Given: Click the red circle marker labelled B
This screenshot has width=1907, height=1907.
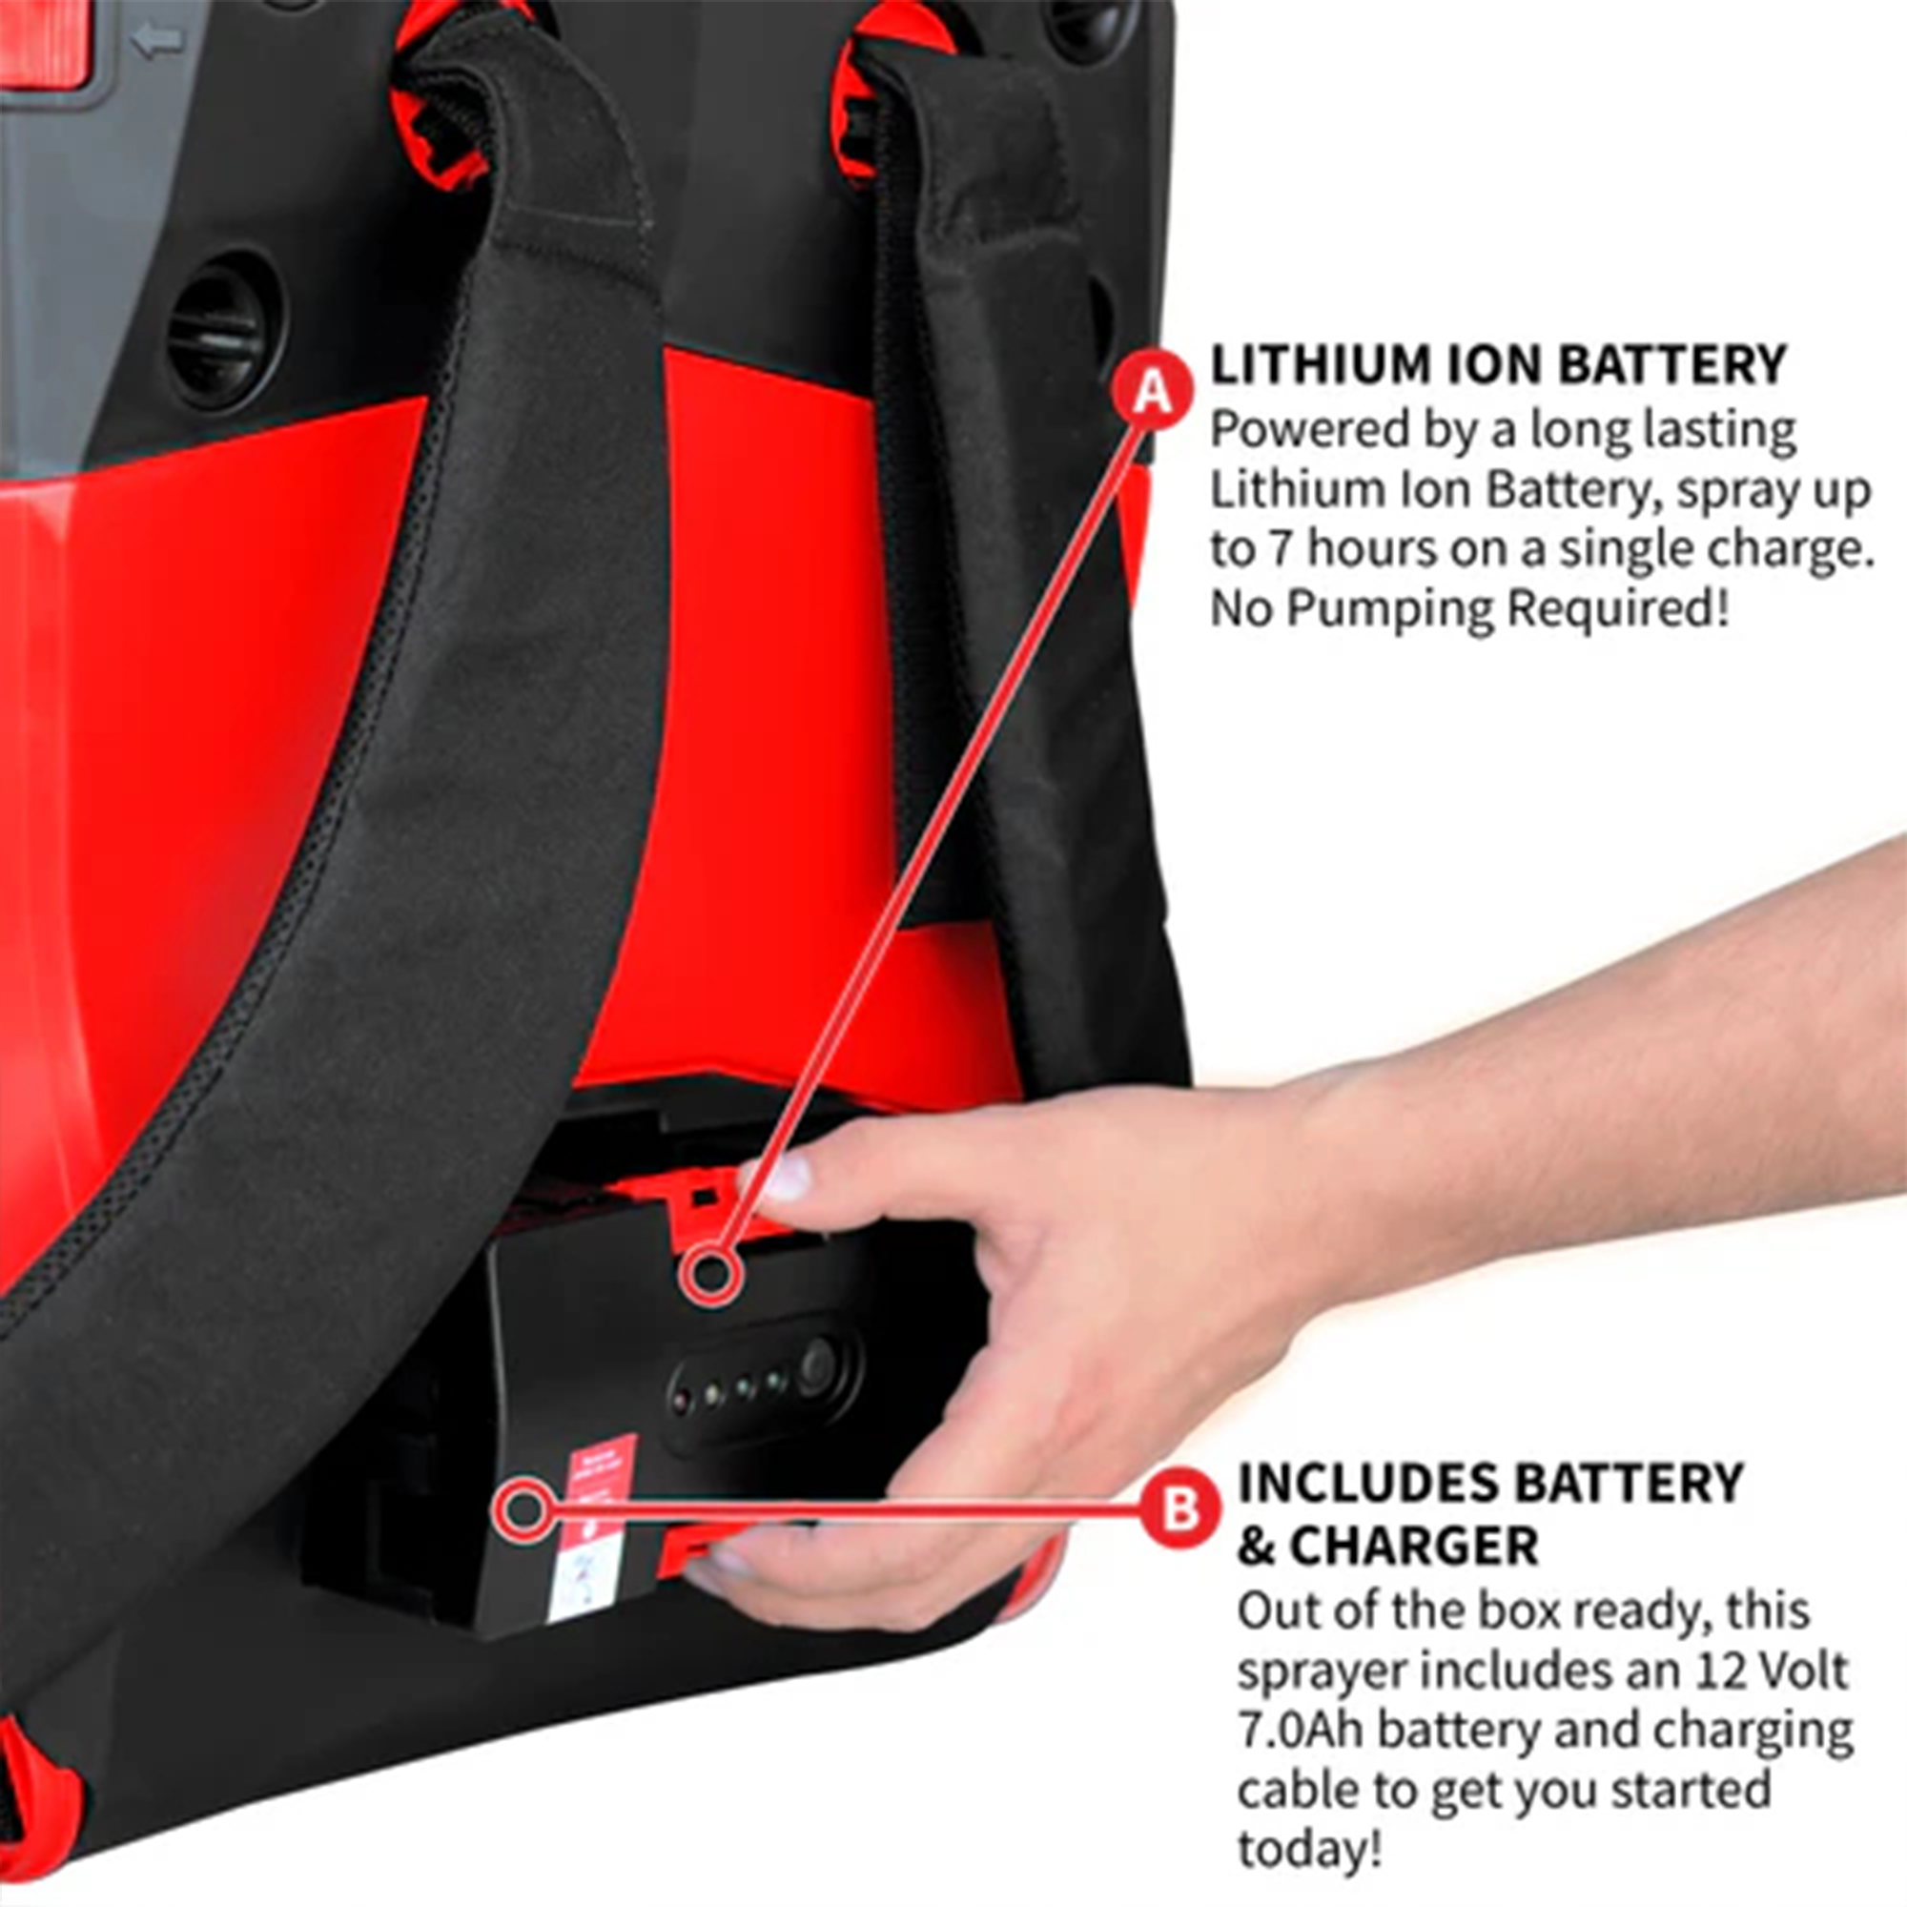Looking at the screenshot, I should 1179,1510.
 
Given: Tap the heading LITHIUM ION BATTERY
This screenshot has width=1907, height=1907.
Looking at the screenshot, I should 1498,365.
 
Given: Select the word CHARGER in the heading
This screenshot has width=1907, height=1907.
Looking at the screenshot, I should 1413,1546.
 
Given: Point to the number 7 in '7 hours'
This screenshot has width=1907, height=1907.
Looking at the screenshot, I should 1281,549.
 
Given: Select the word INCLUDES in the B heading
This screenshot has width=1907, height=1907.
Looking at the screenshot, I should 1368,1484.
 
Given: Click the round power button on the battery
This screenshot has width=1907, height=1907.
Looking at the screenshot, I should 817,1366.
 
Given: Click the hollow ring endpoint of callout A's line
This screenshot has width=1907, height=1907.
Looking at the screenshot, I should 710,1273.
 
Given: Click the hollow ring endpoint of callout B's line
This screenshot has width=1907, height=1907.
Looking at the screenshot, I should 523,1510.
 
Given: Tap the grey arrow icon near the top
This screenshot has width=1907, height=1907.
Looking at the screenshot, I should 158,40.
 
